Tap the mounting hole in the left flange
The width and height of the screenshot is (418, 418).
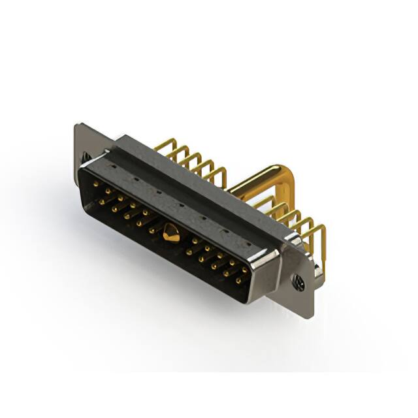click(86, 157)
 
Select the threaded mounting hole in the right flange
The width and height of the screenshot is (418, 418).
click(298, 282)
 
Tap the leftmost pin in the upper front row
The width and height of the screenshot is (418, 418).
click(96, 185)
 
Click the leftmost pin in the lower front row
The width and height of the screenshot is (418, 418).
click(103, 202)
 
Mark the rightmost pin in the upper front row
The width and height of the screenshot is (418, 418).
click(245, 269)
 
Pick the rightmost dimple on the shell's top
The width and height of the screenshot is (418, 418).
click(248, 244)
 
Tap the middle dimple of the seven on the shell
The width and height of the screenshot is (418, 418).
click(180, 205)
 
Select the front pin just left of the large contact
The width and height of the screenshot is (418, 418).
click(153, 230)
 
